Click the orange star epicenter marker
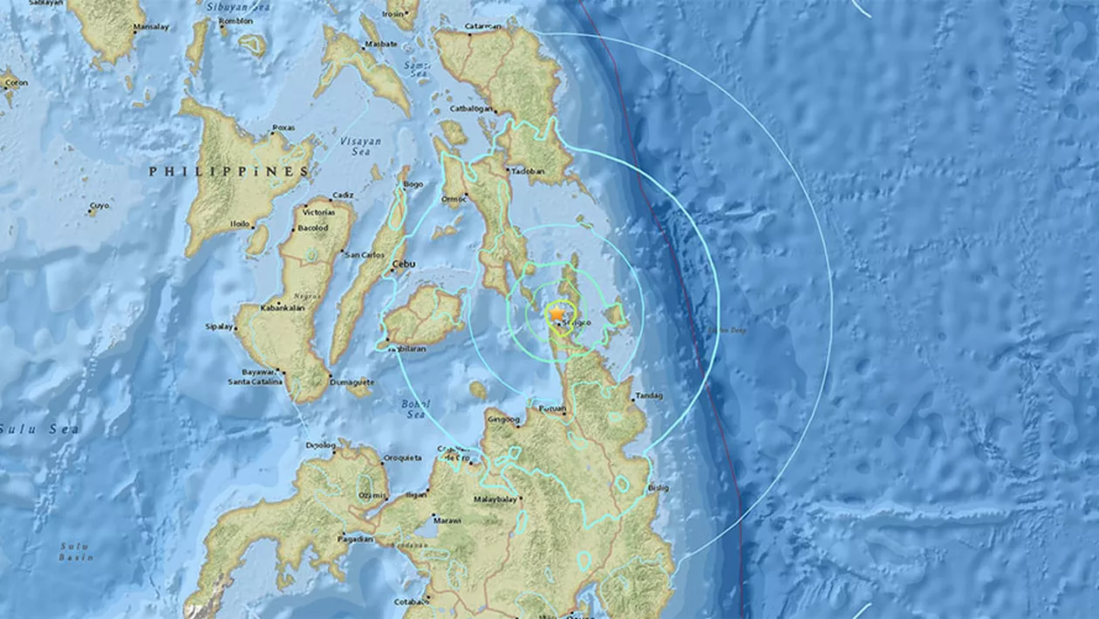tap(556, 313)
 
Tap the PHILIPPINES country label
tap(229, 171)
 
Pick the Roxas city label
tap(283, 127)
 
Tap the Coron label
tap(16, 83)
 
